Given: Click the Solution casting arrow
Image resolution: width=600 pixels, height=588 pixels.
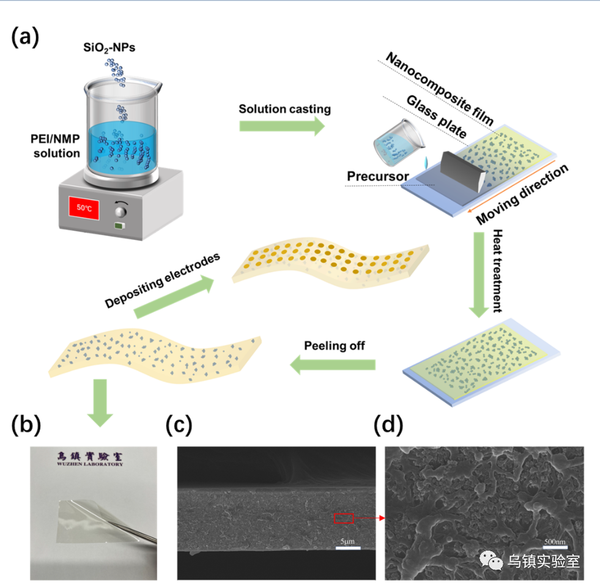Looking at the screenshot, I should (x=282, y=125).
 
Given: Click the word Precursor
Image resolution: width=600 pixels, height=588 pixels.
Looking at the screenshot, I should (x=377, y=177).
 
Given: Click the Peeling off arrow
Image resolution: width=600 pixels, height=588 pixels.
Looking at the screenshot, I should (x=333, y=365).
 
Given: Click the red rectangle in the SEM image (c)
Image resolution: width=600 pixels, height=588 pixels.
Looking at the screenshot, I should (x=343, y=519).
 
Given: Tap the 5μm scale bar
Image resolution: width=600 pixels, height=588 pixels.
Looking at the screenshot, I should (x=347, y=546).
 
